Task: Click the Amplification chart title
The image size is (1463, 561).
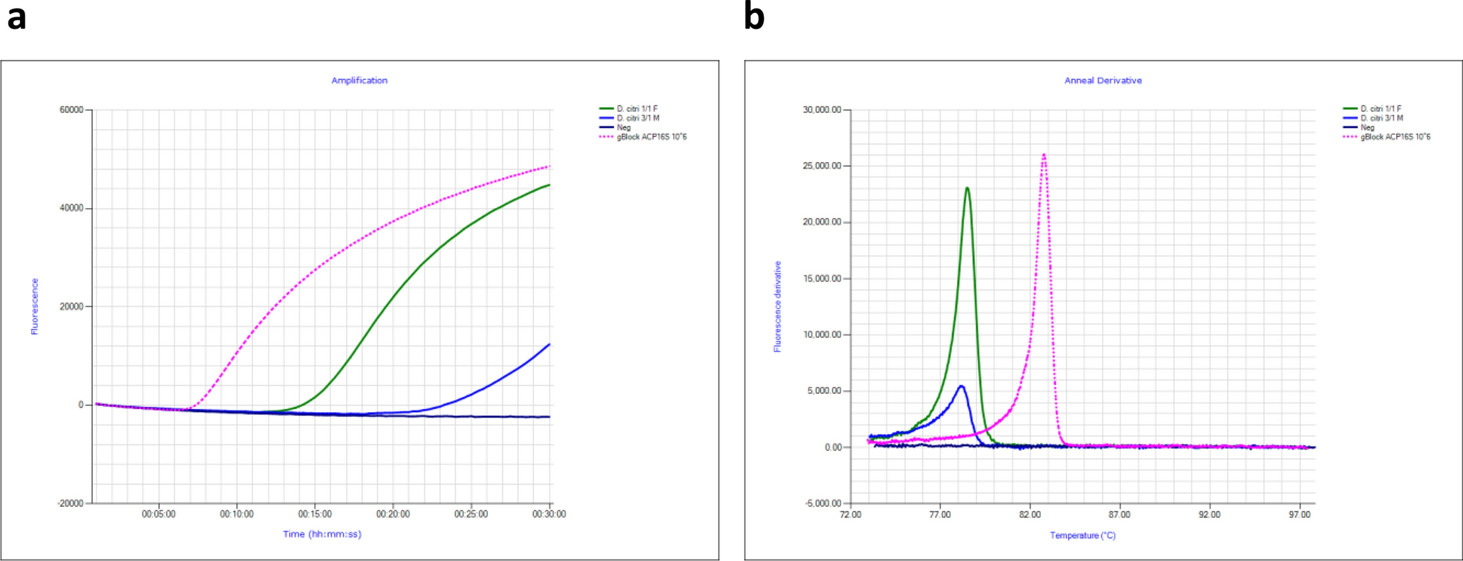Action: [x=359, y=81]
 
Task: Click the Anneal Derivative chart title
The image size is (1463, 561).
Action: [x=1103, y=81]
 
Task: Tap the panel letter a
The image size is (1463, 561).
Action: [x=17, y=17]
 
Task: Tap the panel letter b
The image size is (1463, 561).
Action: [x=754, y=17]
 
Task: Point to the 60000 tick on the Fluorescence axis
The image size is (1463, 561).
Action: [x=71, y=110]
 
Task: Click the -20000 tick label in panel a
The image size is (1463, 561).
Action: [x=70, y=503]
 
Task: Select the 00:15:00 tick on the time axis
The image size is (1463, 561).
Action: [x=315, y=514]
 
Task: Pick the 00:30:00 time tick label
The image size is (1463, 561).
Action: [x=549, y=514]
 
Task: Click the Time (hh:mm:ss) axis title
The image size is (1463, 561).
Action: [x=321, y=534]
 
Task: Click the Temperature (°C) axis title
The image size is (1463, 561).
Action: [x=1082, y=535]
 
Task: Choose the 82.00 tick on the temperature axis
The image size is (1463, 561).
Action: [x=1030, y=515]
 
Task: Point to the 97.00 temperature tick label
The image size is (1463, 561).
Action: [x=1299, y=515]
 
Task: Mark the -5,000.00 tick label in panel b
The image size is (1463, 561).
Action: [x=823, y=503]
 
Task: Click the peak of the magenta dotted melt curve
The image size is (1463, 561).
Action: [x=1044, y=154]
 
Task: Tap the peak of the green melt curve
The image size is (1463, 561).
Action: [x=967, y=189]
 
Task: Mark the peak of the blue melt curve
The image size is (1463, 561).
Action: [x=961, y=387]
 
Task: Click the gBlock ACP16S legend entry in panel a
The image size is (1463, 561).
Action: [x=651, y=137]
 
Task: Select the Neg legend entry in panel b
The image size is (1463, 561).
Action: [x=1367, y=127]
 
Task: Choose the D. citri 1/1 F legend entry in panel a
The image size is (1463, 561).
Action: [x=636, y=109]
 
